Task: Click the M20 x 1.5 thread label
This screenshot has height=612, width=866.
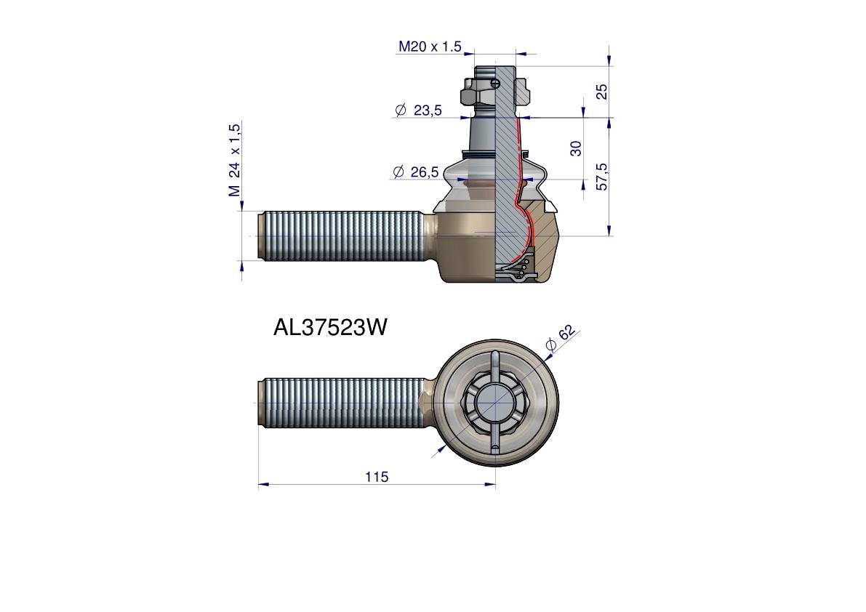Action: [429, 47]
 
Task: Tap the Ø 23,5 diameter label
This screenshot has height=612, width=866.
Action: [418, 110]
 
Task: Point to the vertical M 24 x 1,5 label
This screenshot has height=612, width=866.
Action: [234, 160]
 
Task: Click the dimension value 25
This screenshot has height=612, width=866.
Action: [601, 92]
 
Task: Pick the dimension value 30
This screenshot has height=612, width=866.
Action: [576, 148]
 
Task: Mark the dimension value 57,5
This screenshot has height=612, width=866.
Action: [601, 177]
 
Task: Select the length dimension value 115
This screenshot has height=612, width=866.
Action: [377, 477]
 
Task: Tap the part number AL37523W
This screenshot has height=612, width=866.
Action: [330, 328]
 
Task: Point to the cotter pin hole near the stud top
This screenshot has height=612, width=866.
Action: [495, 83]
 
